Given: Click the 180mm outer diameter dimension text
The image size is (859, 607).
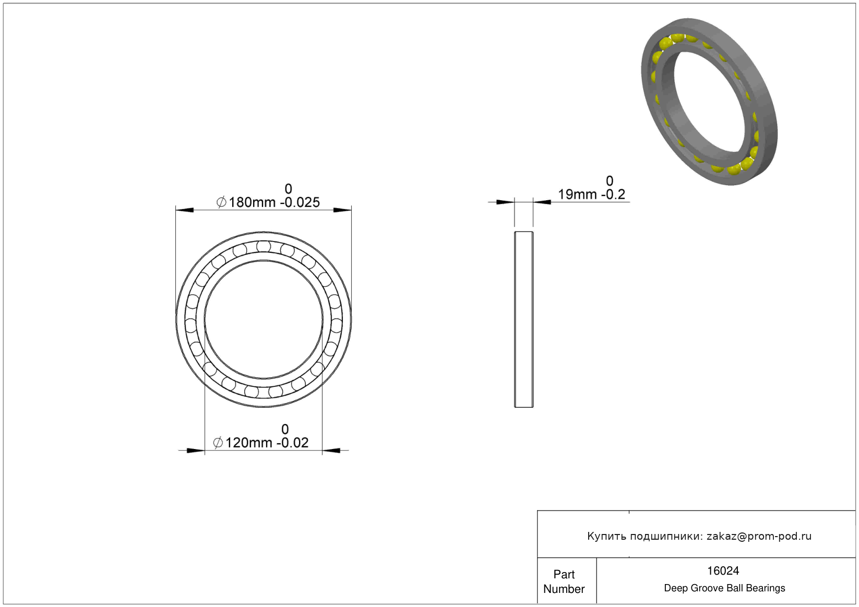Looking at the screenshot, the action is pyautogui.click(x=252, y=202).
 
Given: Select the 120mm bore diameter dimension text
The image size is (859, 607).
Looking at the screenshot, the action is pyautogui.click(x=248, y=443).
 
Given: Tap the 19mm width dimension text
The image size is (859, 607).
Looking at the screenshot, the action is pyautogui.click(x=578, y=195).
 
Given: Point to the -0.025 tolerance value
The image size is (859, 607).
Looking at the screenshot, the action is pyautogui.click(x=300, y=202).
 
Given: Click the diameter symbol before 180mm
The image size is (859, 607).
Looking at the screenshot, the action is pyautogui.click(x=221, y=202).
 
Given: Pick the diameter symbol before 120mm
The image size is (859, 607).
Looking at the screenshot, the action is pyautogui.click(x=218, y=443).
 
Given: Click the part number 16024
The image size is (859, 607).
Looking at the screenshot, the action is pyautogui.click(x=723, y=571).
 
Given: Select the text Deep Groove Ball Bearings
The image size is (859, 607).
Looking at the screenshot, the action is pyautogui.click(x=724, y=588).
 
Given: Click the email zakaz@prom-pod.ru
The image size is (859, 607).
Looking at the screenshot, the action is pyautogui.click(x=759, y=536).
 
